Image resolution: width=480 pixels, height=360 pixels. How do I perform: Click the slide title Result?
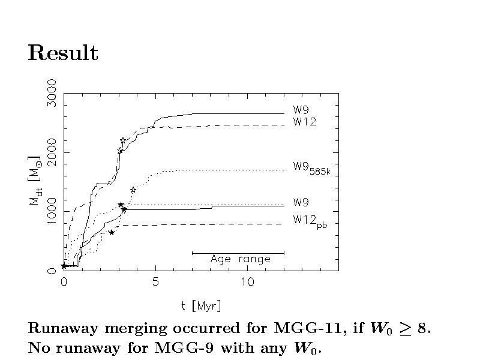coord(63,54)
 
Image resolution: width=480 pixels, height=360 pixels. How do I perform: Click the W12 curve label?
coord(305,122)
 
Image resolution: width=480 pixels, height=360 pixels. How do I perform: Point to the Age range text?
coord(240,260)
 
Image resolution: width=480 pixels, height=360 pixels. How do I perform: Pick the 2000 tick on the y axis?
coord(53,152)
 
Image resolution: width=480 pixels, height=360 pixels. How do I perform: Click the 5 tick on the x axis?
coord(155,283)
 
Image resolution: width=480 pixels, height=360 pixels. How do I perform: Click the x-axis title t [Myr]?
coord(201,306)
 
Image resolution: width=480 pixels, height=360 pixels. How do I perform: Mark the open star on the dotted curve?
coord(133,190)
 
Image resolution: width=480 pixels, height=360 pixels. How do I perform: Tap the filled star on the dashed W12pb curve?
coord(112,232)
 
